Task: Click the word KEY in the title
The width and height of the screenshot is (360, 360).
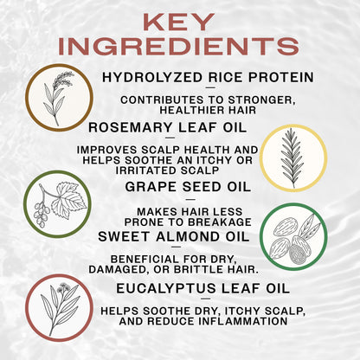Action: tap(180, 22)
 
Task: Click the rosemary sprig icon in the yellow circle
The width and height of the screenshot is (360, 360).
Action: tap(292, 157)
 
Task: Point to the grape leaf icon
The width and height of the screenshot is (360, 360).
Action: tap(57, 204)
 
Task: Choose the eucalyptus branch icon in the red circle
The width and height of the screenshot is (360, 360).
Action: tap(59, 305)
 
